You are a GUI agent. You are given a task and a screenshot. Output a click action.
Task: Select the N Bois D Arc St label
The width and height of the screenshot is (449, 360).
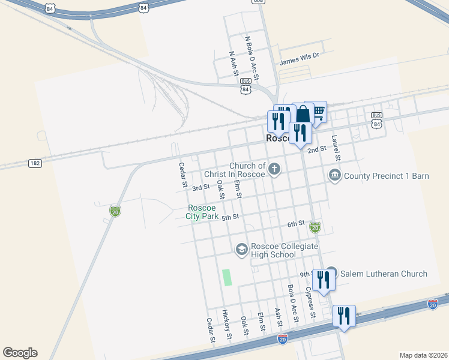click(252, 58)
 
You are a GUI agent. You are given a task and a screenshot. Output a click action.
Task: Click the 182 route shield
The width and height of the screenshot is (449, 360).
click(34, 163)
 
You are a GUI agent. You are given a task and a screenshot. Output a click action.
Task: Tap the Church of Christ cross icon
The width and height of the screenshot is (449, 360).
click(275, 169)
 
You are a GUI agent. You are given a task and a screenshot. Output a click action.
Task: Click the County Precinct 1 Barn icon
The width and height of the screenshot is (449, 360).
click(334, 175)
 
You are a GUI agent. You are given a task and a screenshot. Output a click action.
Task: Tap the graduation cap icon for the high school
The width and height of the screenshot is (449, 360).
click(241, 250)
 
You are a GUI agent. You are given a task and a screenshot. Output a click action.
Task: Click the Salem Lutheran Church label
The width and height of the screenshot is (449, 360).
click(384, 274)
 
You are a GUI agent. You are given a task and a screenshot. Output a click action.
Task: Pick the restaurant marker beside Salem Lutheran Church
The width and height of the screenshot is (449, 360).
click(323, 280)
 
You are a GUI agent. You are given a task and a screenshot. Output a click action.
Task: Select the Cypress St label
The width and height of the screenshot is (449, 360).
click(310, 302)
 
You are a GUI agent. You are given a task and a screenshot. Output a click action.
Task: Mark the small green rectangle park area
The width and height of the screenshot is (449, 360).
click(227, 277)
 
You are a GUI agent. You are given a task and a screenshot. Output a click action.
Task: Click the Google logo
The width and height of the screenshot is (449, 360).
click(20, 353)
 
